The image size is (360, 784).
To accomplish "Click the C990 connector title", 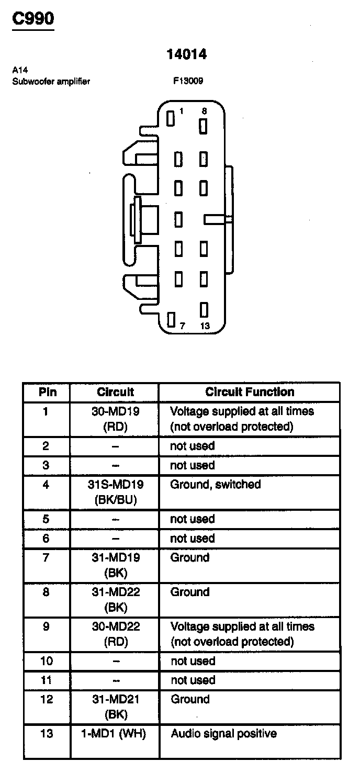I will point(33,19).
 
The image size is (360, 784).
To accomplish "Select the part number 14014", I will point(187,54).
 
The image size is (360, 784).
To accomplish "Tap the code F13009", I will point(188,81).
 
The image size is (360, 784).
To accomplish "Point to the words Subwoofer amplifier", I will point(51,81).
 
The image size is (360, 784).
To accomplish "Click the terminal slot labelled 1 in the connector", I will point(170,118).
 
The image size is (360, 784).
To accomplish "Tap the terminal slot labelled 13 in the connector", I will point(204,310).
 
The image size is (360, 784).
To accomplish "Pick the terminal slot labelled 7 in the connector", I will point(171,319).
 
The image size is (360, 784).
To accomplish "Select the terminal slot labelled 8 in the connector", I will point(204,126).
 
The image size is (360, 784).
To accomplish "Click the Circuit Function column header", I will point(250,392).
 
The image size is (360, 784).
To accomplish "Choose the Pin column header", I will point(47,392).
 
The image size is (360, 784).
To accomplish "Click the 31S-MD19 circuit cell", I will point(115,492).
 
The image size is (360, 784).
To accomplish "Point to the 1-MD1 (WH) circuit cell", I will point(114,734).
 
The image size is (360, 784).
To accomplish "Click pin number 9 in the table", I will point(47,626).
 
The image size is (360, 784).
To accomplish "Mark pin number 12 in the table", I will point(47,699).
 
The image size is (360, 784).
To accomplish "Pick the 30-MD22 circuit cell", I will point(116,634).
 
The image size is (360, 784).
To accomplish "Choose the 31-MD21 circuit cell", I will point(116,707).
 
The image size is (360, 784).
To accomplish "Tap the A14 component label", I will point(18,70).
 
